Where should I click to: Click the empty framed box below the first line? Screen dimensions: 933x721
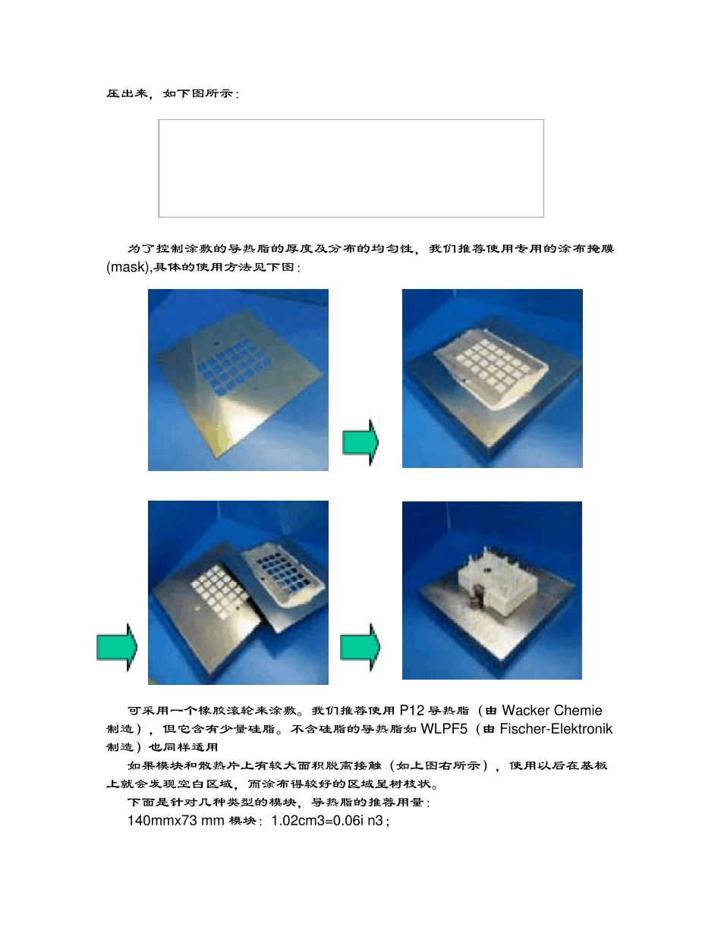tap(351, 168)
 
